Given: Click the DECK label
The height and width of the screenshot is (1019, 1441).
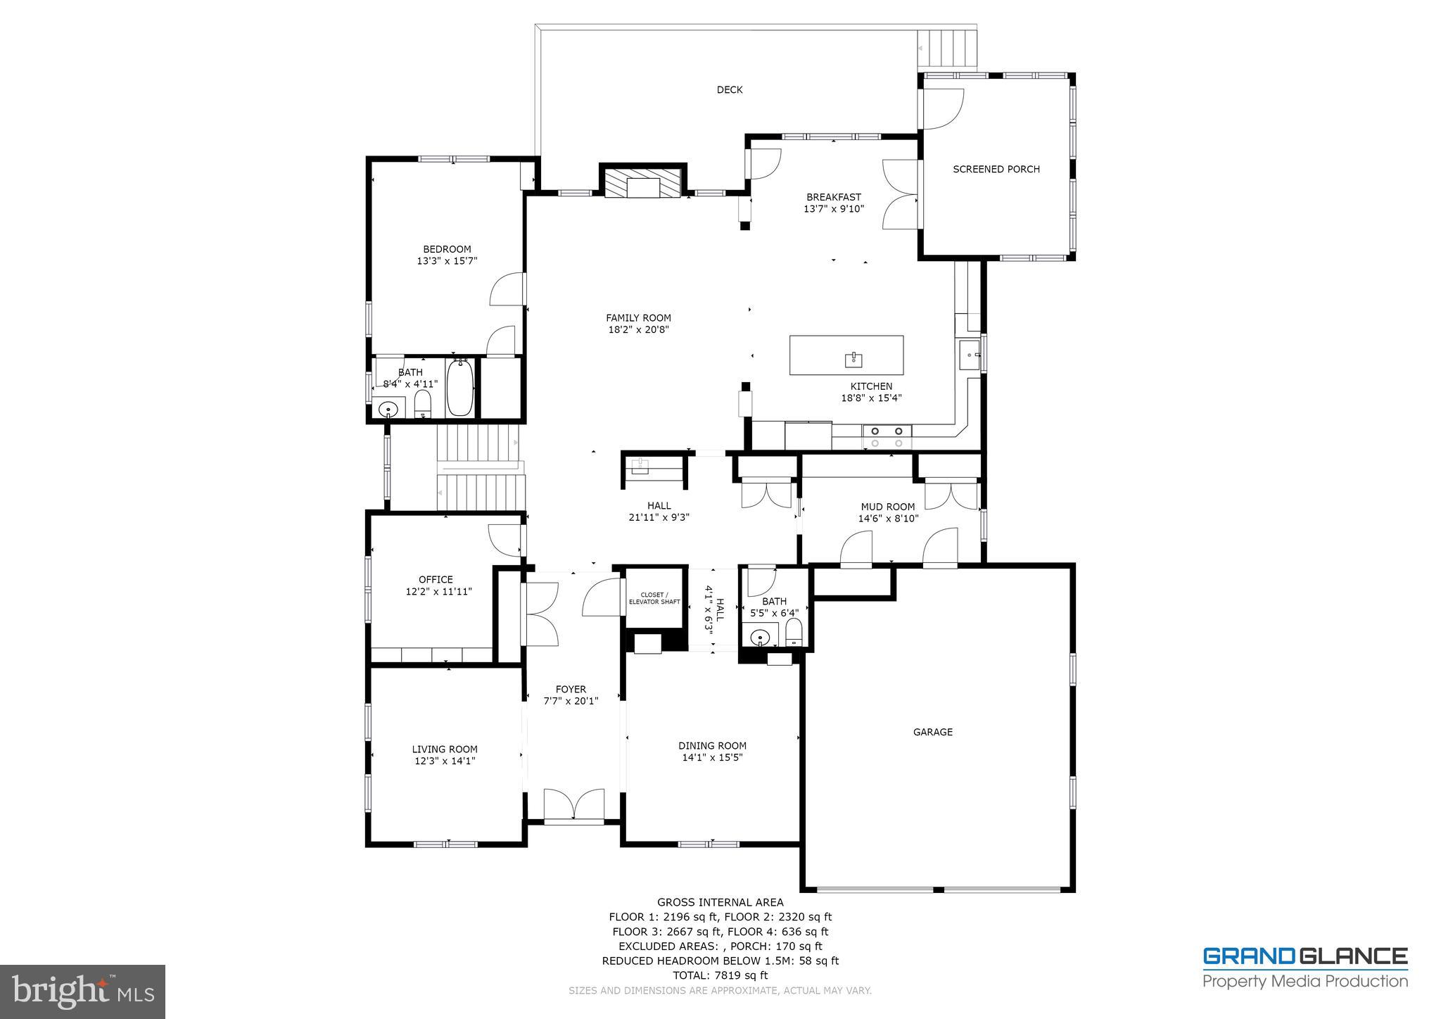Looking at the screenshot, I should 729,89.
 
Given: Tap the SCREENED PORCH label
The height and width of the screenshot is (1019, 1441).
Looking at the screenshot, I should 996,169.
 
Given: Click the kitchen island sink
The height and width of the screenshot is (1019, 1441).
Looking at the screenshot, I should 853,360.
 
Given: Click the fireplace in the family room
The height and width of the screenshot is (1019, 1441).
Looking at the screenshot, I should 641,185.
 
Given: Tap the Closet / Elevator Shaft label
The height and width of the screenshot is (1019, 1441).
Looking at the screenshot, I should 654,598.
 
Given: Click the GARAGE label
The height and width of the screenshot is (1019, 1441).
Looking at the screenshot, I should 932,732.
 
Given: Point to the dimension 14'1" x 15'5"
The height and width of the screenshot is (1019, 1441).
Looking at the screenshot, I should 712,757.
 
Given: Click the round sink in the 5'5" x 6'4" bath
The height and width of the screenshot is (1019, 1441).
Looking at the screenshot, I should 759,638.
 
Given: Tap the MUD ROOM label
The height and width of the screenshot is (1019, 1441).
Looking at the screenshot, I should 887,507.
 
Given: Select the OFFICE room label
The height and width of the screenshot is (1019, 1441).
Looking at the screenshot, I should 436,580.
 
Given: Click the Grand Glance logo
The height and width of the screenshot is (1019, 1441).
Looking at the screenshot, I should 1304,968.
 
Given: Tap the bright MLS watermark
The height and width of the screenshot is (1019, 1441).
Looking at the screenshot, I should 82,992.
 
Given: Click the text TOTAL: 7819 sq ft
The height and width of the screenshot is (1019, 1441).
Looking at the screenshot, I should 720,975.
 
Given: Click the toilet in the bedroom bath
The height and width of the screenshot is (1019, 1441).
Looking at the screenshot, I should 422,404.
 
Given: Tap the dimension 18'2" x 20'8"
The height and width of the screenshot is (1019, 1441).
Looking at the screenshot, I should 638,329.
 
